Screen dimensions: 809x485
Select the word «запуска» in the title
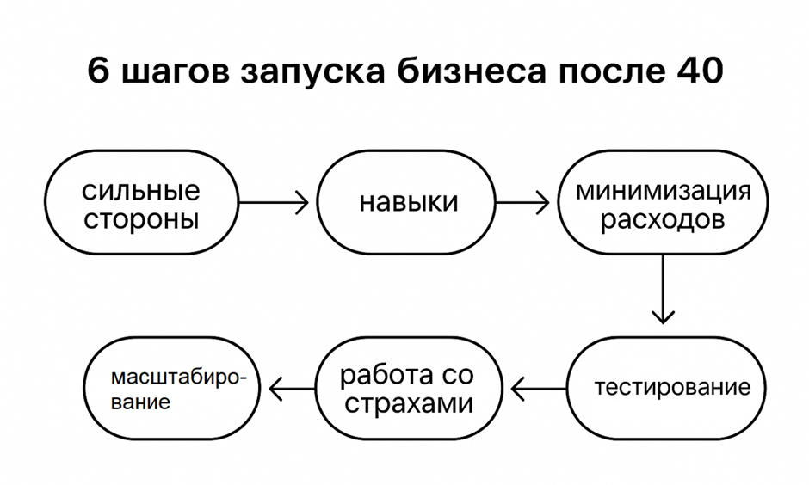[312, 73]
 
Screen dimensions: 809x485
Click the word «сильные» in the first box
[141, 191]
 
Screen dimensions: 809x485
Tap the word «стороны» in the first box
[141, 219]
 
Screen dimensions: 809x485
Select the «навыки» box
[406, 202]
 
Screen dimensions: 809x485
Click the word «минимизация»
[664, 191]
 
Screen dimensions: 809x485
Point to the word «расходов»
[663, 219]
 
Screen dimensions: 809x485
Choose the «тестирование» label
[672, 388]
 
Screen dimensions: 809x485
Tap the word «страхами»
[409, 403]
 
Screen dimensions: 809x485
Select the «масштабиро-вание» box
[172, 388]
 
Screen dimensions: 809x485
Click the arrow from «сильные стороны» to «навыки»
[274, 203]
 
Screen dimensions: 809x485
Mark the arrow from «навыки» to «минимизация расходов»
[522, 203]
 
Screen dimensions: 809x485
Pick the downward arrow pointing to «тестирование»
[663, 289]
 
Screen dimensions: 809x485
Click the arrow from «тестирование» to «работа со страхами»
[539, 389]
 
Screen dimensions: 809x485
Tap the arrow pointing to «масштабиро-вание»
[293, 389]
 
